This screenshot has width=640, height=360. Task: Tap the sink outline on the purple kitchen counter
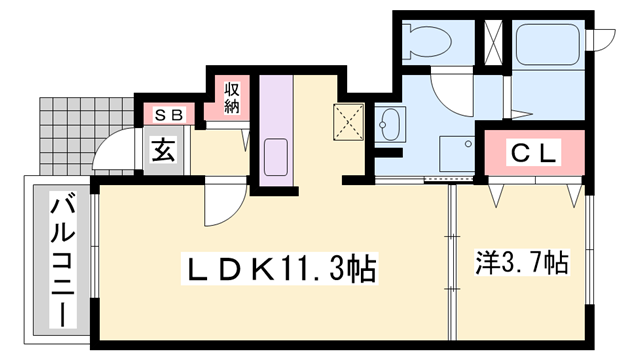tap(274, 156)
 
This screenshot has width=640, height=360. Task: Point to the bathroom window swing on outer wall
tap(604, 40)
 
